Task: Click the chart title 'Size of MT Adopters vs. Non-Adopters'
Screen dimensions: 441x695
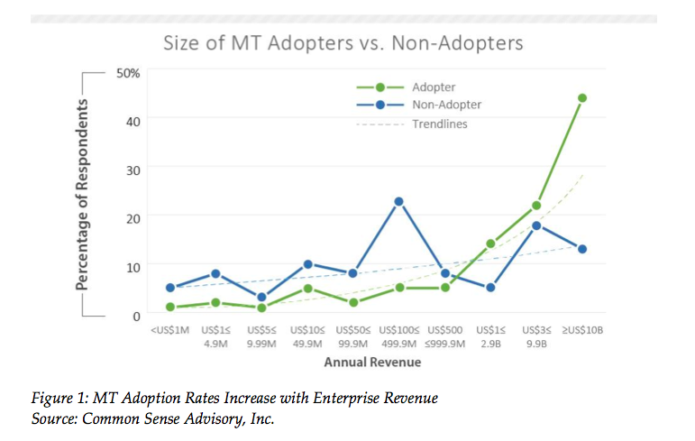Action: click(342, 42)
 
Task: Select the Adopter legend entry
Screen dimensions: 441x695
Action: click(433, 87)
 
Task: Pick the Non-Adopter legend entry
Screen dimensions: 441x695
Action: click(446, 105)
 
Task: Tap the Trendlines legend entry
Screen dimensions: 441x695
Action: click(440, 124)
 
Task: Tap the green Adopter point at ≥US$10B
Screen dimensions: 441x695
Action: click(582, 97)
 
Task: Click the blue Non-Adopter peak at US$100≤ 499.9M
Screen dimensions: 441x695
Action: click(398, 201)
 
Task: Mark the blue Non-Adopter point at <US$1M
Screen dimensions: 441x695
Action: click(169, 288)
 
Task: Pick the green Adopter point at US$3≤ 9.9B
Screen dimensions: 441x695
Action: click(536, 206)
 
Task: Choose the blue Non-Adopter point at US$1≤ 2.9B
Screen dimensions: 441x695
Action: click(490, 288)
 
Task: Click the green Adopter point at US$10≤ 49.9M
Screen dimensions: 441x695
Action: click(307, 289)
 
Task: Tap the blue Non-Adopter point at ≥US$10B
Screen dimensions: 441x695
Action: click(582, 249)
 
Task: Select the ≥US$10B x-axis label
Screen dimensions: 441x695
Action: click(582, 331)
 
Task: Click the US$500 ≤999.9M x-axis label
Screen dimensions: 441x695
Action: click(444, 336)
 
